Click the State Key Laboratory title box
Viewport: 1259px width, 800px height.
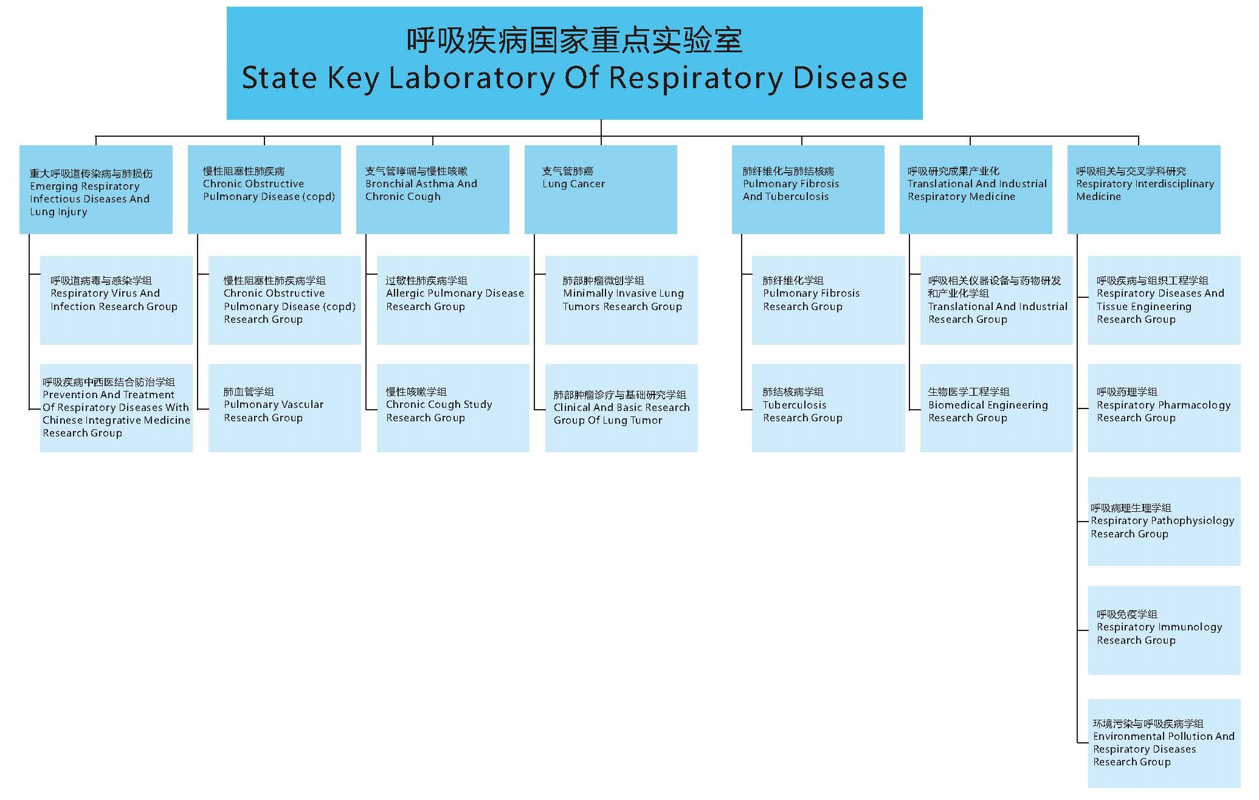574,63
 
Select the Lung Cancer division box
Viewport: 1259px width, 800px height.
601,190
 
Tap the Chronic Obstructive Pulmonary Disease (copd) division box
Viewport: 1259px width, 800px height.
264,190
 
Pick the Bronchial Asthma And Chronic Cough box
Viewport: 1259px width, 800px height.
433,190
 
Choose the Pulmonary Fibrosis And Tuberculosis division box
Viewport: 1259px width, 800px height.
808,190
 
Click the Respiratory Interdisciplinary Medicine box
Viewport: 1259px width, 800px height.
1144,190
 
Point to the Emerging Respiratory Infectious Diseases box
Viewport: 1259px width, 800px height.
96,190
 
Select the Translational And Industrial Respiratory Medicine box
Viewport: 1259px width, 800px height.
976,190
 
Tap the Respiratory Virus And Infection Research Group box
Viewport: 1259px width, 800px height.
116,300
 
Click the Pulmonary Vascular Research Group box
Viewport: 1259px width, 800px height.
285,408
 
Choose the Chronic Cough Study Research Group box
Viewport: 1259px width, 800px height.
453,408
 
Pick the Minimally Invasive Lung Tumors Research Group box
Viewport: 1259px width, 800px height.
621,300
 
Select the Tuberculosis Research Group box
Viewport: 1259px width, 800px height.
828,408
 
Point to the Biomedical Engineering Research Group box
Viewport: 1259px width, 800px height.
996,408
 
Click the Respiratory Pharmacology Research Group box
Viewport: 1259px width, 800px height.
1164,408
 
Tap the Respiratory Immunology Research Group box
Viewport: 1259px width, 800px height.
1164,630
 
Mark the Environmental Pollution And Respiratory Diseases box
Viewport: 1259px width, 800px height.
1164,743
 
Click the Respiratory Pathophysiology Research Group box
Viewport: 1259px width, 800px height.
1164,522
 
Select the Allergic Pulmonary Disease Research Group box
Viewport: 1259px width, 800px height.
453,300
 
